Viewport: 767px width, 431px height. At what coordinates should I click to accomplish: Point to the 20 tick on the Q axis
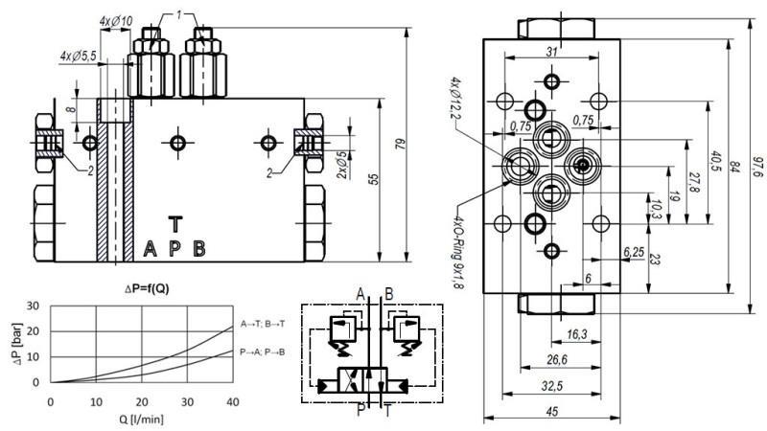(141, 401)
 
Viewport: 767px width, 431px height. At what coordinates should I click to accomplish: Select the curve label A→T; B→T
(260, 325)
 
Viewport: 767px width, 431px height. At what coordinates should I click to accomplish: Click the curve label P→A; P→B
(260, 352)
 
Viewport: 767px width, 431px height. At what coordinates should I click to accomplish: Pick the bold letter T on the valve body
(174, 223)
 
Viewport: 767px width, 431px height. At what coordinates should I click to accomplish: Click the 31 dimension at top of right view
(551, 51)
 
